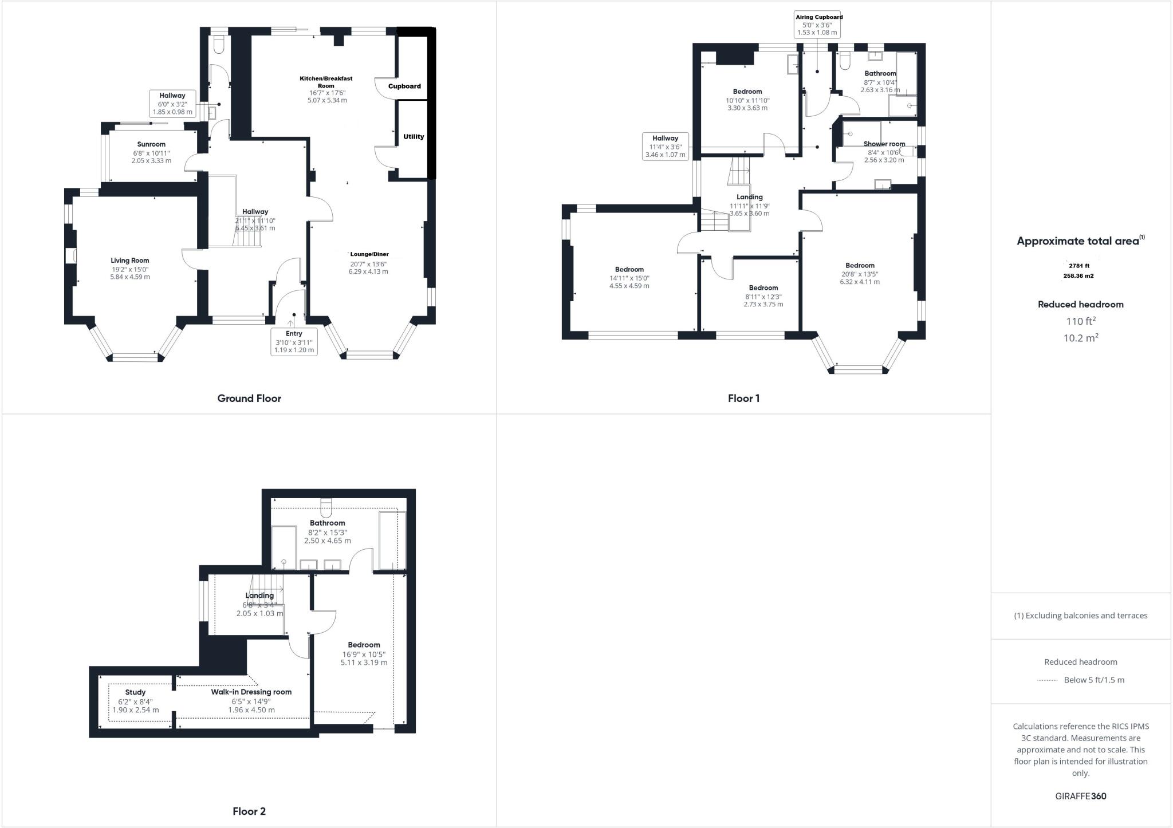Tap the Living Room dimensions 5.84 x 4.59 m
point(130,277)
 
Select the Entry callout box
point(294,341)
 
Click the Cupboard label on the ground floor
point(404,86)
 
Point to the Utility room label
point(414,137)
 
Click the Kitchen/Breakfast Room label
point(326,82)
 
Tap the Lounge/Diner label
point(369,254)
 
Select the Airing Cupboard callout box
point(818,25)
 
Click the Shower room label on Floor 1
point(884,144)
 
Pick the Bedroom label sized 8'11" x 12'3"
point(763,288)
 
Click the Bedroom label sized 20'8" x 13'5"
point(860,266)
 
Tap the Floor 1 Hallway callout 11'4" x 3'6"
point(665,146)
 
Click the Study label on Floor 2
point(135,692)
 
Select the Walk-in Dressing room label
point(251,692)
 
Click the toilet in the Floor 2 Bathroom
point(326,508)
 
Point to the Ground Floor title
point(249,399)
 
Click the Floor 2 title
point(249,811)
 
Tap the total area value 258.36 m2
point(1078,276)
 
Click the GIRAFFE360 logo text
point(1080,797)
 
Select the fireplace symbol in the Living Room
point(71,256)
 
